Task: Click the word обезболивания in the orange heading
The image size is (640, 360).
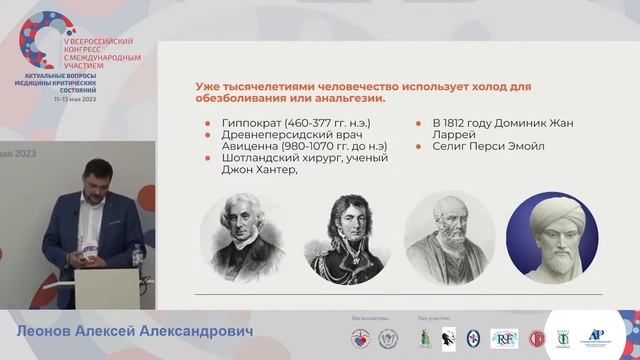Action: [x=234, y=98]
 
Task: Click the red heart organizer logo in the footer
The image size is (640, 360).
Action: [x=358, y=338]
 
